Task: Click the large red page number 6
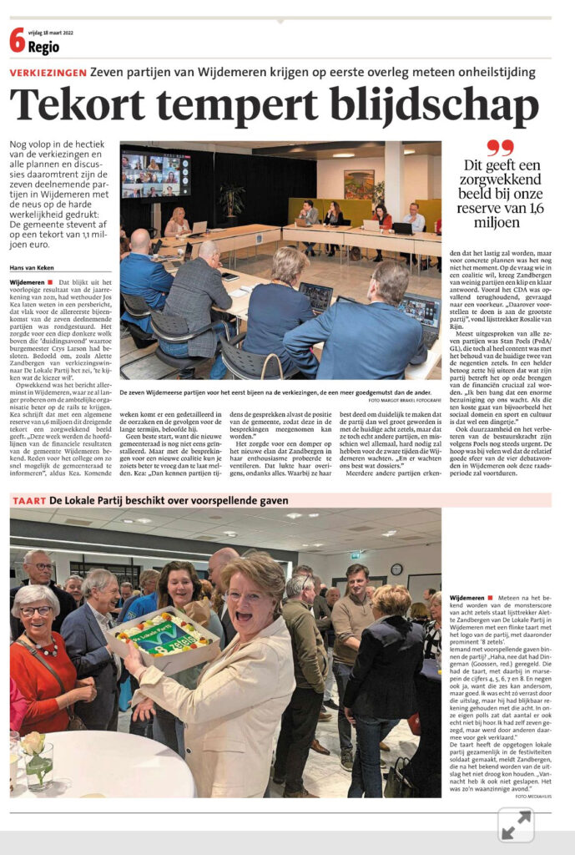(17, 39)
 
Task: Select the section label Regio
(44, 47)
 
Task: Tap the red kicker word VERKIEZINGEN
(48, 73)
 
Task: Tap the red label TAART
(28, 500)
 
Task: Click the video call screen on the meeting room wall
(156, 175)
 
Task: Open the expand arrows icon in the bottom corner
(516, 826)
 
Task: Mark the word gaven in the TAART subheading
(269, 500)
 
